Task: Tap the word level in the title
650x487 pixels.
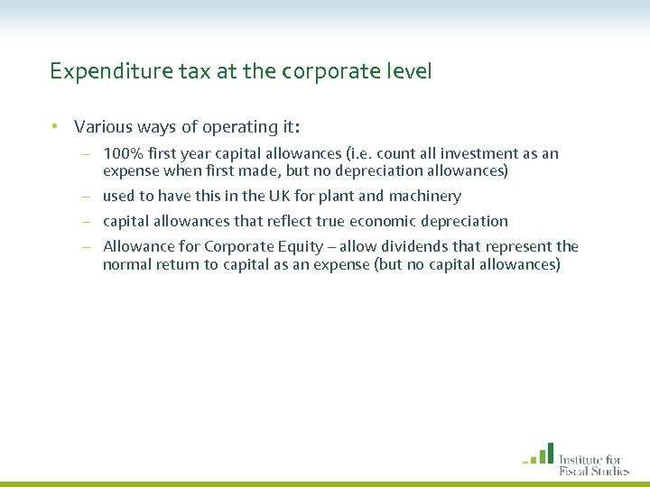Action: (409, 70)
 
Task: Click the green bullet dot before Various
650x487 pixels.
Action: (55, 127)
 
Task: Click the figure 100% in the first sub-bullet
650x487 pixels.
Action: (122, 154)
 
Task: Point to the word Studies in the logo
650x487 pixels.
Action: (613, 469)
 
